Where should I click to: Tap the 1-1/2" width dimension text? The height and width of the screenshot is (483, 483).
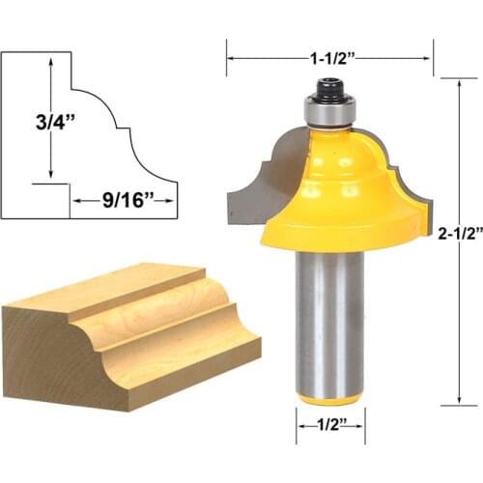[330, 58]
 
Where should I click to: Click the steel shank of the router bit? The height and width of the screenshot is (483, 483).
[329, 319]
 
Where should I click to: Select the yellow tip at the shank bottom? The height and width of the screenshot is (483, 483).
[329, 397]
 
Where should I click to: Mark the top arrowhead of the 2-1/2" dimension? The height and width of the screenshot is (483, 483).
[460, 82]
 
